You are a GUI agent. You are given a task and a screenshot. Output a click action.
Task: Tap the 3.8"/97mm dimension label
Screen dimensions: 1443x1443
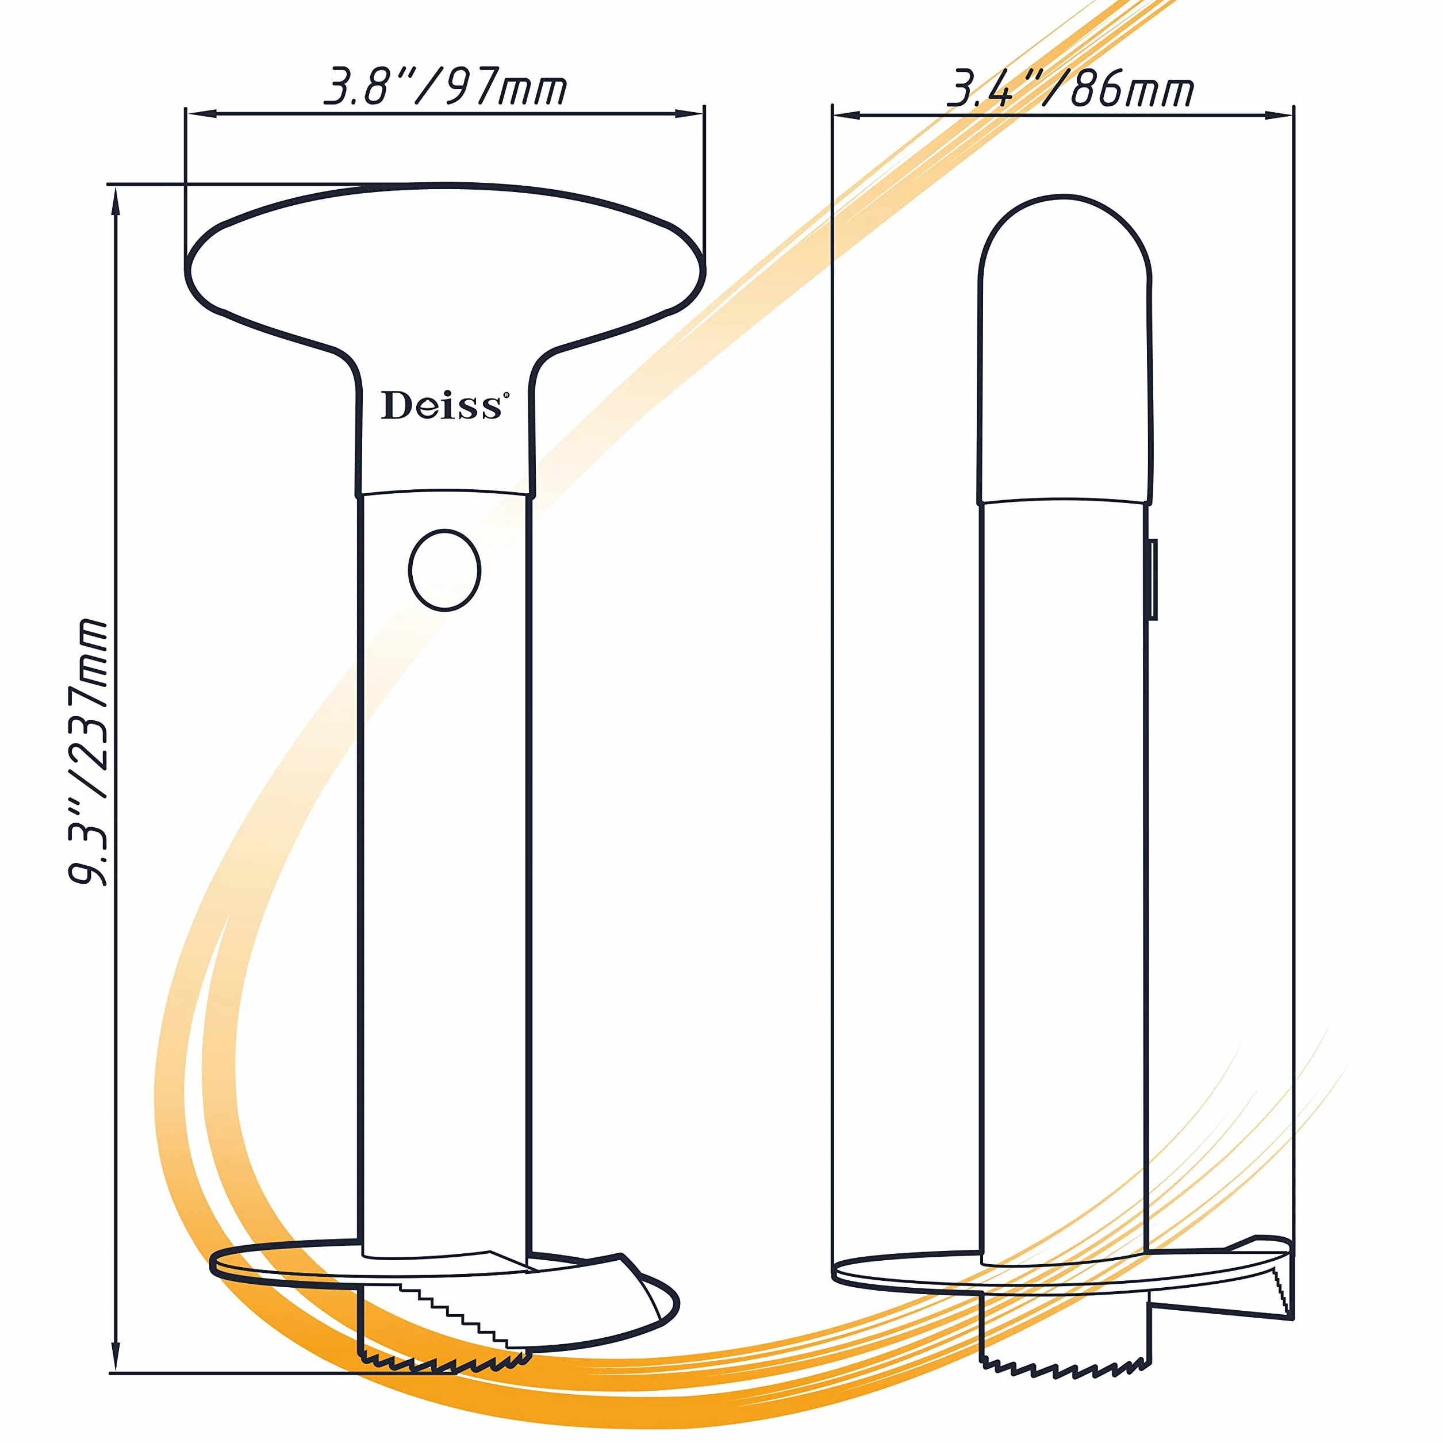point(445,87)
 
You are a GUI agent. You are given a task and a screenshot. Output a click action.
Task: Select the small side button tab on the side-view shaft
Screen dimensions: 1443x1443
point(1153,579)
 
